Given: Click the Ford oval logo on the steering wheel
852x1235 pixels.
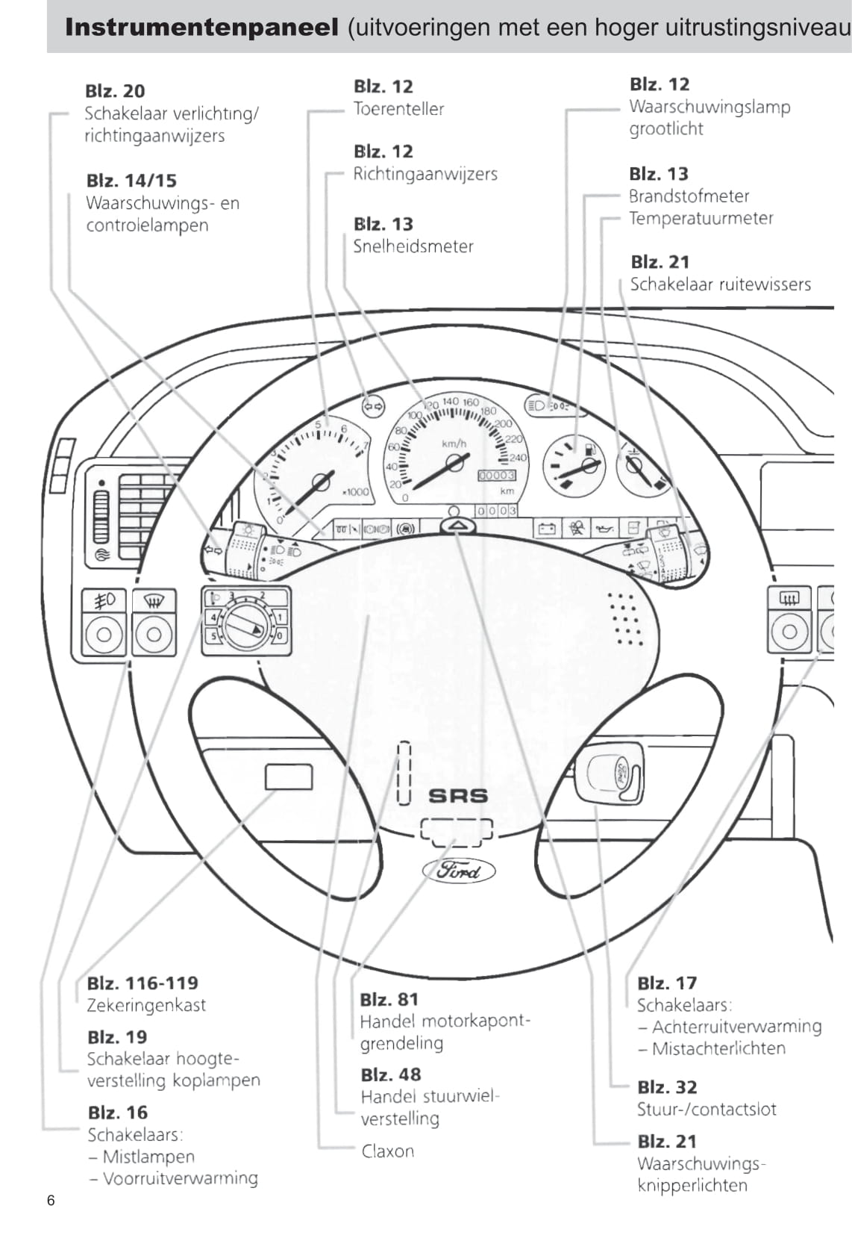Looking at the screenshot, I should pos(458,870).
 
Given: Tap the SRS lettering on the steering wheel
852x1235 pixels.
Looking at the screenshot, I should pos(458,796).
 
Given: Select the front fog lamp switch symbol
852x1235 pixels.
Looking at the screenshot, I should pos(104,600).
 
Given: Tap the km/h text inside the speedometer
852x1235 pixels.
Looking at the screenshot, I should pos(454,444).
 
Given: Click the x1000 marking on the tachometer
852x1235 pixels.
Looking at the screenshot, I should pos(355,491).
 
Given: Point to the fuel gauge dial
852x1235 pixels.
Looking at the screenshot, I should pos(574,465).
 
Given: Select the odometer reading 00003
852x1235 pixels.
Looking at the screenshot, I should pos(496,475).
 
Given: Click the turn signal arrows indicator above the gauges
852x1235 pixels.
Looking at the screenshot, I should pos(372,406).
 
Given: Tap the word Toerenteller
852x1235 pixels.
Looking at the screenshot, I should pos(398,109).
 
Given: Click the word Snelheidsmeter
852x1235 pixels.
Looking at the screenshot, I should pos(413,246).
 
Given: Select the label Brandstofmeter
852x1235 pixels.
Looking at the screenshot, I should pos(689,196).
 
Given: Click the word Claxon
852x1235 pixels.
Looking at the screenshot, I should pos(387,1151).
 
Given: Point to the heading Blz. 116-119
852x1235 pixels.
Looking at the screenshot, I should pos(142,983).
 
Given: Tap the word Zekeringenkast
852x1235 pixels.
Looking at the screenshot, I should pos(146,1005).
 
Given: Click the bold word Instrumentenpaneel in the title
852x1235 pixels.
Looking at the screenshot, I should pos(201,28).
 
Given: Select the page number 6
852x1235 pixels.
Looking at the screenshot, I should pos(51,1200).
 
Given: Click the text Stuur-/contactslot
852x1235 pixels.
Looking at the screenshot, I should pos(706,1109).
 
